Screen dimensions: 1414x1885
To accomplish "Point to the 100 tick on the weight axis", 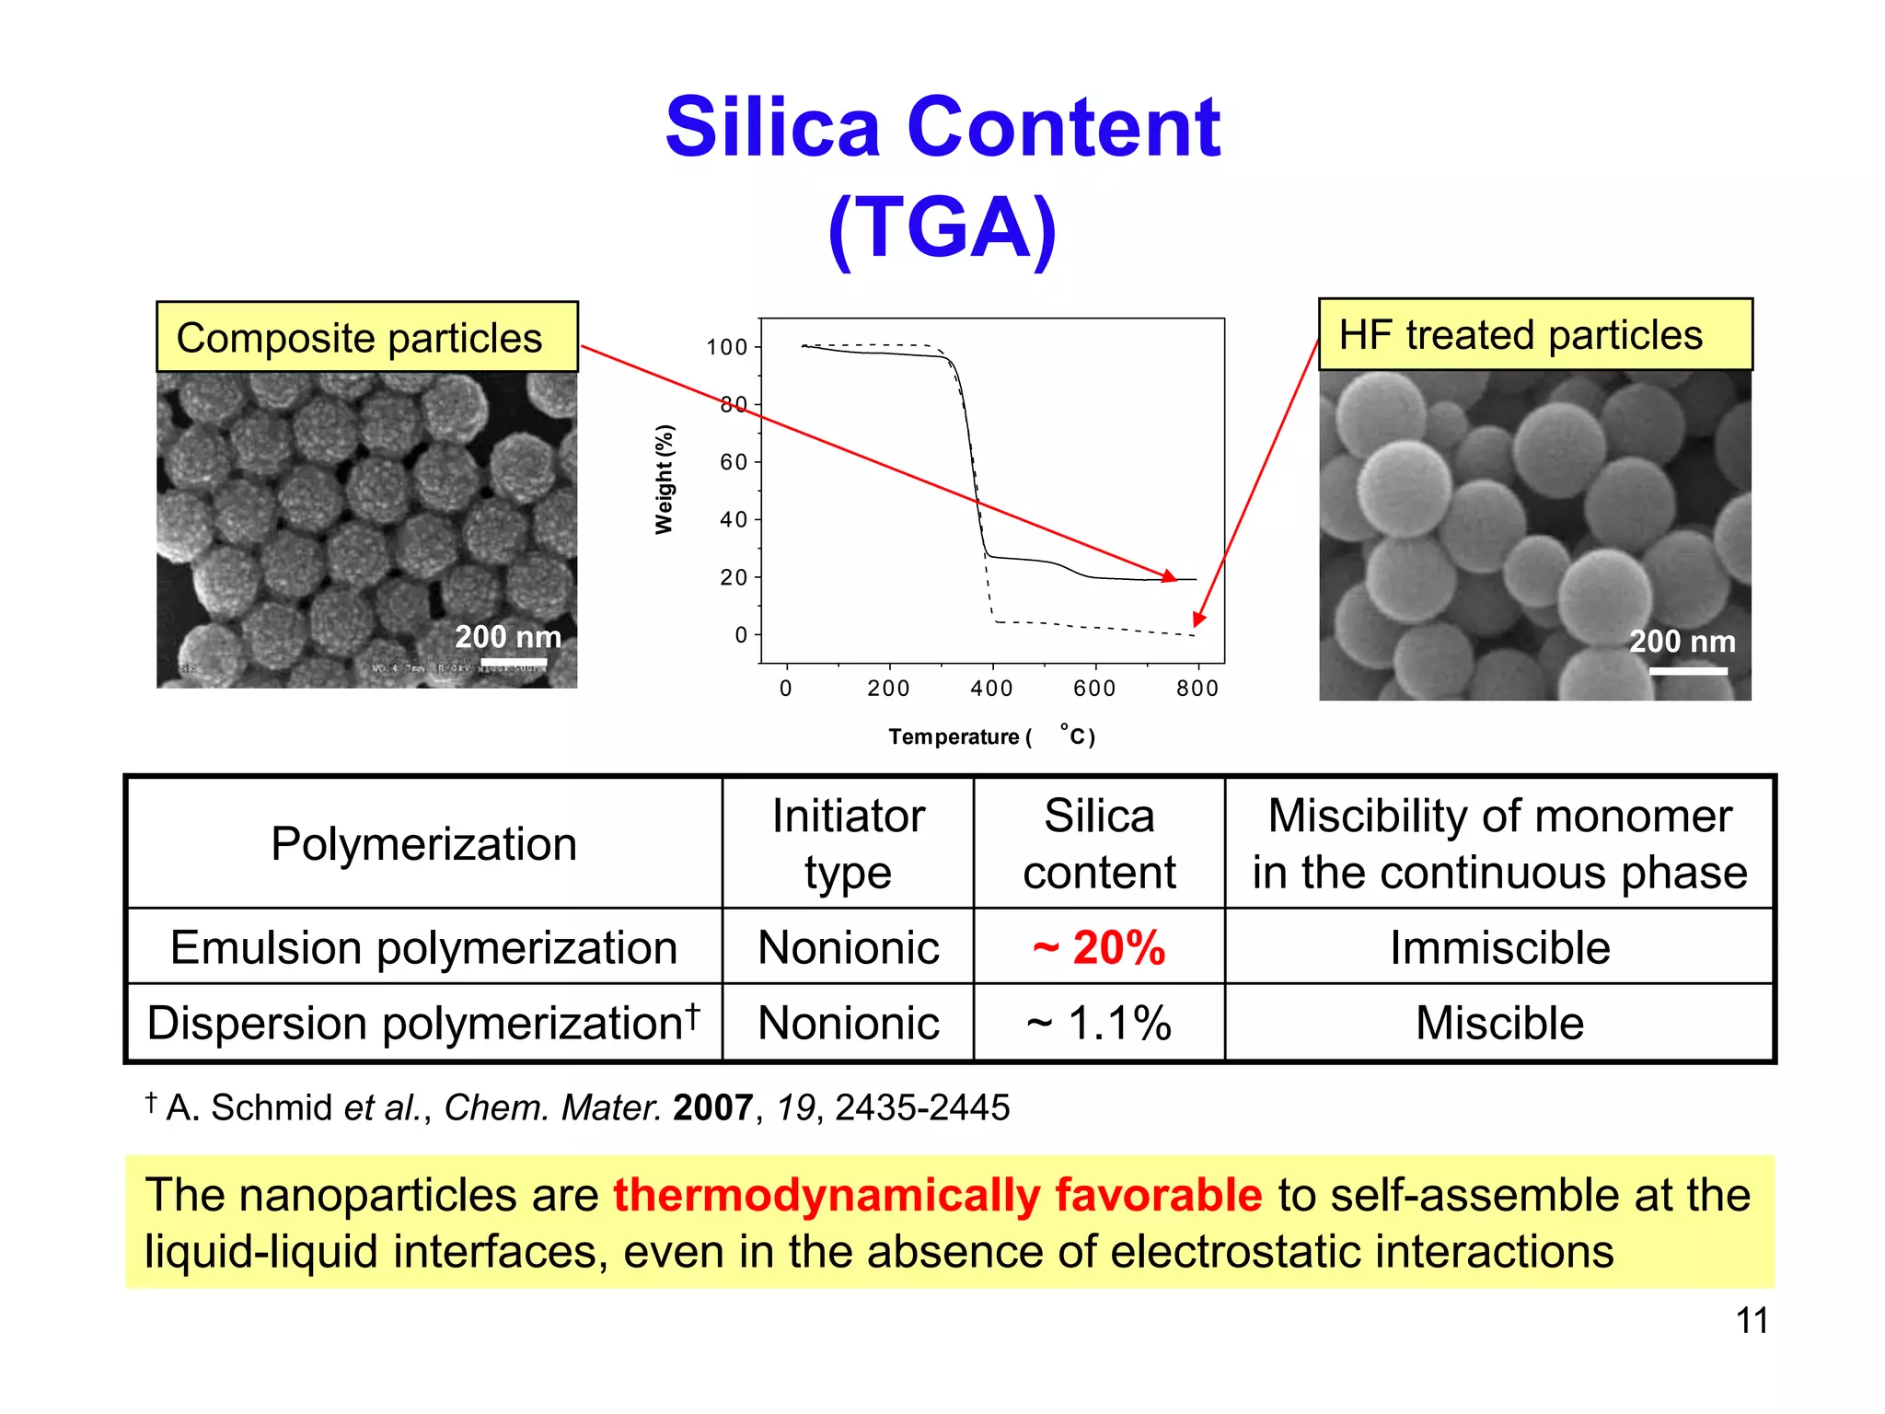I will [726, 347].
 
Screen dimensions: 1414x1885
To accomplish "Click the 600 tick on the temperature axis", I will [1094, 688].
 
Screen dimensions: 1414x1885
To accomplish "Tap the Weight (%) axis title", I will [664, 479].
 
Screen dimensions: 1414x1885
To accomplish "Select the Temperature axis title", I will [991, 736].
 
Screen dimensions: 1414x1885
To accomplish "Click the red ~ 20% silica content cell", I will [1099, 947].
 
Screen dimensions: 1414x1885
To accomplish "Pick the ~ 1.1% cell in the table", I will [1099, 1023].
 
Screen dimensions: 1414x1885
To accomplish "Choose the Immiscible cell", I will [1499, 947].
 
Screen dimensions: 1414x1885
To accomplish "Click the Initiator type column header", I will [848, 843].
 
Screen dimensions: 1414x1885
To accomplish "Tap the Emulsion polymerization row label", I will [423, 947].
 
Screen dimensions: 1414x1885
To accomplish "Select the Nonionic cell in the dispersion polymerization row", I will [848, 1023].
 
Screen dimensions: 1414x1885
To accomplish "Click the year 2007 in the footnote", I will [712, 1107].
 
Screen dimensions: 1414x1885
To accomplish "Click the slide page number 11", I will [1752, 1321].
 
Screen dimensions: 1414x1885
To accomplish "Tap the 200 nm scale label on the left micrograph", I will [508, 637].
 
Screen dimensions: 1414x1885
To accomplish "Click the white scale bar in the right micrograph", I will [1687, 671].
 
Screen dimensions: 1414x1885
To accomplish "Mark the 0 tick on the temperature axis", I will [785, 688].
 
